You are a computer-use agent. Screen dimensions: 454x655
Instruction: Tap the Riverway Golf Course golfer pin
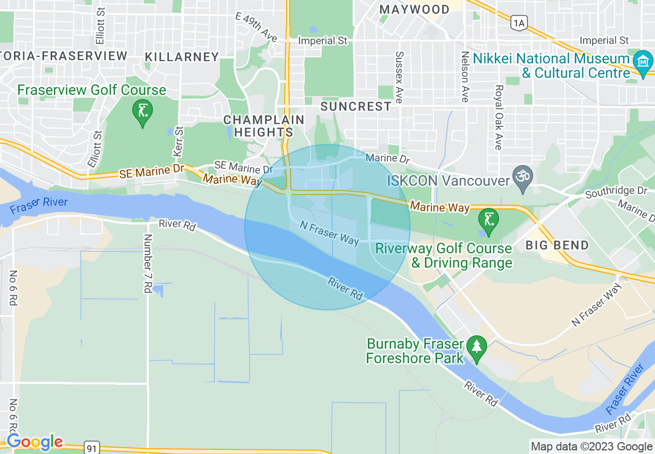(488, 220)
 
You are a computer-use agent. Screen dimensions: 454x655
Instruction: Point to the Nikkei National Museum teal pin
(643, 63)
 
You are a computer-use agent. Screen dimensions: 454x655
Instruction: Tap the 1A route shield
(519, 22)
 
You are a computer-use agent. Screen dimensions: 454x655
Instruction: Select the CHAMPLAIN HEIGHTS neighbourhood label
(263, 126)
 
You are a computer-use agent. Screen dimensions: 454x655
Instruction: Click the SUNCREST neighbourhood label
(356, 106)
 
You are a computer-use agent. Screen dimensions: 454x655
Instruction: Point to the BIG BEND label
(557, 245)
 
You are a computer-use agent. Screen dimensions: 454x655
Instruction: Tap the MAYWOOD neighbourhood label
(414, 9)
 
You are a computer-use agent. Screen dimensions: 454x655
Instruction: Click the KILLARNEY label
(182, 56)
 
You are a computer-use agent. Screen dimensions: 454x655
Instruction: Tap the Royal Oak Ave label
(498, 117)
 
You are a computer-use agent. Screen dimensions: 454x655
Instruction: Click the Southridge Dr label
(616, 191)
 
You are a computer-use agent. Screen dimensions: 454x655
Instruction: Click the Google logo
(35, 442)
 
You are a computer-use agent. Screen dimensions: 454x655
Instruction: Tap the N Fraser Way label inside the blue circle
(329, 233)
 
